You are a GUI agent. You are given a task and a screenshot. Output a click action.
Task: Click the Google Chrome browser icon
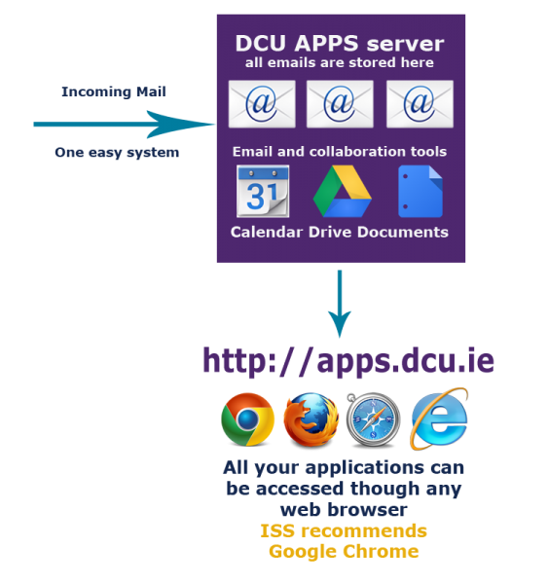tap(247, 419)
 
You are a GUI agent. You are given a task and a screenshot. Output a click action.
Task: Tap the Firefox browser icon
tap(311, 420)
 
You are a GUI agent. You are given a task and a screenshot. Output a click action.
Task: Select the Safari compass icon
tap(373, 420)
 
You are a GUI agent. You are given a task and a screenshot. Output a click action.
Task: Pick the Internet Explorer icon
tap(439, 419)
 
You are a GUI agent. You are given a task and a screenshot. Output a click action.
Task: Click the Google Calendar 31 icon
tap(263, 191)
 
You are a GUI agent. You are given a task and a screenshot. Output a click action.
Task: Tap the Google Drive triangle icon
tap(342, 191)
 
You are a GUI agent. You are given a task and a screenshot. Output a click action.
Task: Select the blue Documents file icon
tap(420, 191)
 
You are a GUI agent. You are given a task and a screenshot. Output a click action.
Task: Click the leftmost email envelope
tap(262, 104)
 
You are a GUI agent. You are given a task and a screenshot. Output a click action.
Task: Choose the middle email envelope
tap(340, 104)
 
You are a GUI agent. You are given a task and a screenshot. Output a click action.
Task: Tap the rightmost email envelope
tap(420, 104)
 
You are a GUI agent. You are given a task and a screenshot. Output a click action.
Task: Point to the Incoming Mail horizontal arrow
tap(125, 124)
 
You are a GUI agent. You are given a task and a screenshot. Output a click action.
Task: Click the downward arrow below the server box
tap(340, 304)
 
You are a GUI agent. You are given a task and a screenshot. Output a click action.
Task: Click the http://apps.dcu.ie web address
tap(348, 360)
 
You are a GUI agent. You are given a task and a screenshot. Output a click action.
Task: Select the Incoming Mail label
tap(114, 91)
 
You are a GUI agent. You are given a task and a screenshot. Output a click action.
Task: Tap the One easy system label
tap(117, 153)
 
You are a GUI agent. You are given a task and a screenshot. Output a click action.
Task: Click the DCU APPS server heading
tap(340, 43)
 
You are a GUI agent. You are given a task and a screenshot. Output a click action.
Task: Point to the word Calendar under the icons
tap(267, 232)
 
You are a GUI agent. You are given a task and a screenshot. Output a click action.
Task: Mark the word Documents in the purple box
tap(403, 232)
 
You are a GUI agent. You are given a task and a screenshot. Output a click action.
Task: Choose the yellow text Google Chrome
tap(344, 552)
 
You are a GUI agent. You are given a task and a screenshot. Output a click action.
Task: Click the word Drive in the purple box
tap(330, 232)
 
